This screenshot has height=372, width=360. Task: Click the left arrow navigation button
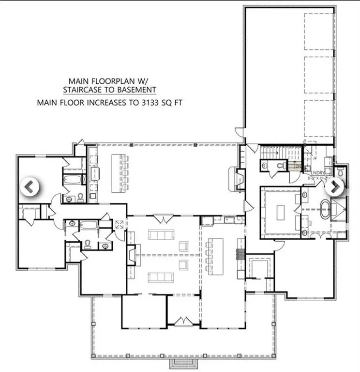[x=29, y=186]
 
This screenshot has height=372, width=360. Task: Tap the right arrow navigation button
[x=334, y=186]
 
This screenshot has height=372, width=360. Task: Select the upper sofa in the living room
[x=162, y=235]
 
